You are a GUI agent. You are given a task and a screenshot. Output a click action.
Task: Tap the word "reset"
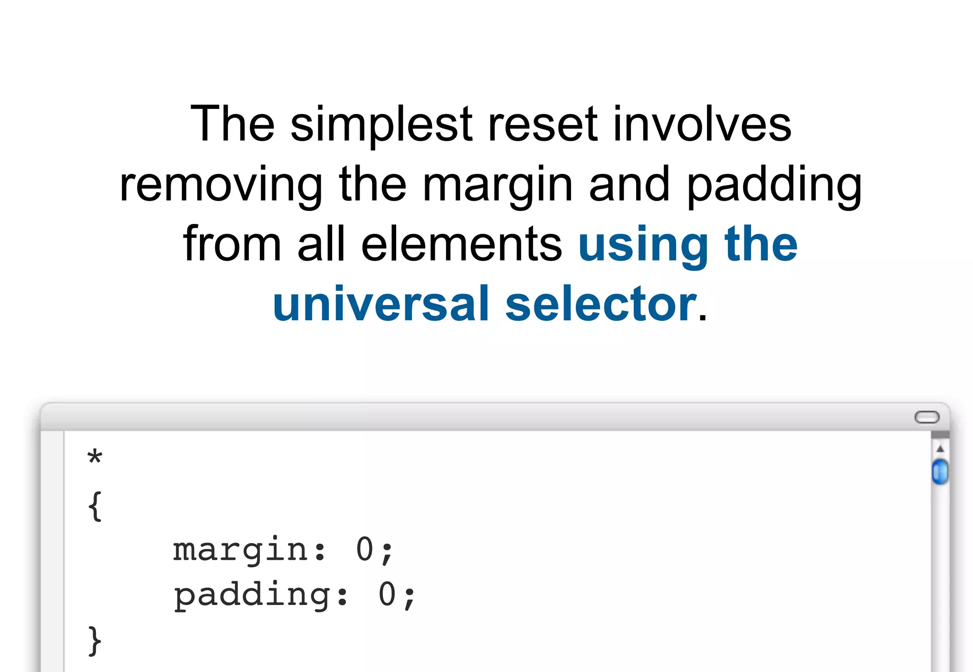[543, 125]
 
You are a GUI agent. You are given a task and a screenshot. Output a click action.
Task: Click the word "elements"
[461, 244]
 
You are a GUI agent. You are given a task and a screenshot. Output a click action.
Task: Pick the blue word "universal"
[381, 304]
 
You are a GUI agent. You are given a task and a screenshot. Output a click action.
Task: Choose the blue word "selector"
[601, 304]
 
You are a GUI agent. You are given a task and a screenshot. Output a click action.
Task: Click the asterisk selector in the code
[95, 457]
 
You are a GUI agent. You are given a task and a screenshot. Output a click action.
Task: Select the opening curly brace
[95, 506]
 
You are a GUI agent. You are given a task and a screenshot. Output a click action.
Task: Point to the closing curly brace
[95, 641]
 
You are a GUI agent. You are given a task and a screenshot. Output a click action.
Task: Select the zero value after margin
[365, 550]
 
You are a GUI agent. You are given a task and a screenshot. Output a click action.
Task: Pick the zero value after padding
[387, 595]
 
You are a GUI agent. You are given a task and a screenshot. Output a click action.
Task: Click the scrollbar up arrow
[940, 449]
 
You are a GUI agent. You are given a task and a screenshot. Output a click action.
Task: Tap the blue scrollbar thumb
[940, 471]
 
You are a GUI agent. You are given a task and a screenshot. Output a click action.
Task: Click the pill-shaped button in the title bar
[927, 417]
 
